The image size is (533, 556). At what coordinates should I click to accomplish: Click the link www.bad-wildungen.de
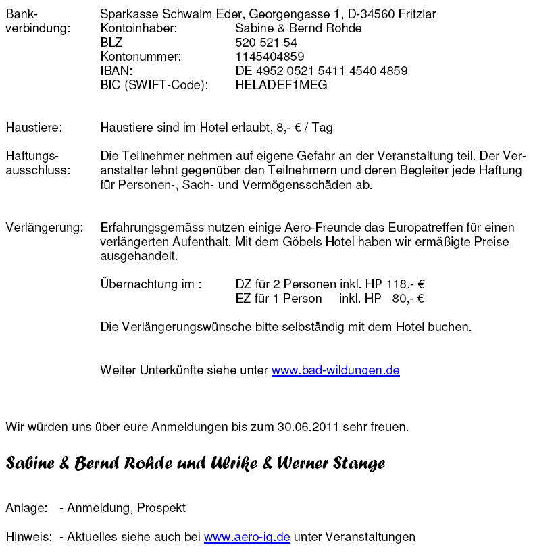tap(335, 370)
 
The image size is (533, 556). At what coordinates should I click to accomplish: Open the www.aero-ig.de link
tap(247, 538)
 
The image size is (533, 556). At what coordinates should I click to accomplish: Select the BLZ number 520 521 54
tap(266, 43)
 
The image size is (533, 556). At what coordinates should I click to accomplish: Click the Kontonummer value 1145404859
tap(270, 57)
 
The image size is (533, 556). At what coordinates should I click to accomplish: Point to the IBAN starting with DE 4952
tap(321, 71)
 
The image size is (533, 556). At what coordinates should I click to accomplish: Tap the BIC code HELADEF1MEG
tap(281, 85)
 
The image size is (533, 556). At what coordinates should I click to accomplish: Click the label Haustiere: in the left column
tap(34, 128)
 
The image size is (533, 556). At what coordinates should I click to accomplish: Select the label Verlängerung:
tap(45, 228)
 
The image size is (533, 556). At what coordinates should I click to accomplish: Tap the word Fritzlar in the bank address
tap(417, 14)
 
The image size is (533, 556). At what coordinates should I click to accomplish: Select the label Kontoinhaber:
tap(138, 28)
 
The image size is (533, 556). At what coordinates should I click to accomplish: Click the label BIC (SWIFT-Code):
tap(154, 85)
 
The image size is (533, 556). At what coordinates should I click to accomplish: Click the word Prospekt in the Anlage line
tap(161, 507)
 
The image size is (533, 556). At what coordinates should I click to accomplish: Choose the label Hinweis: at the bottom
tap(29, 538)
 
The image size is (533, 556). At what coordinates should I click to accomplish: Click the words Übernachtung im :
tap(151, 284)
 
